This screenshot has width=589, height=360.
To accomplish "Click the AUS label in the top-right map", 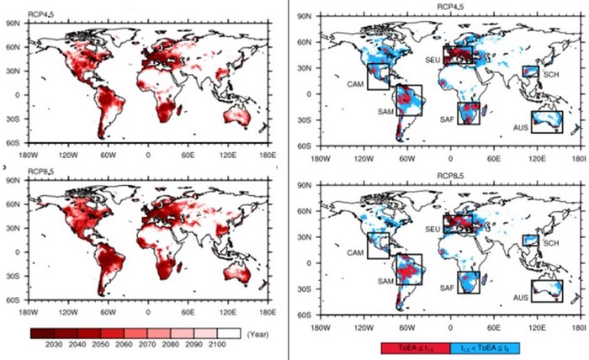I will point(521,129).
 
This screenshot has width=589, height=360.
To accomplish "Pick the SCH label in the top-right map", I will point(550,75).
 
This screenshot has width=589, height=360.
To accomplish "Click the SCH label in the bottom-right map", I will point(550,243).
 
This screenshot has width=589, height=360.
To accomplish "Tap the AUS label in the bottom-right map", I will point(521,298).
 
